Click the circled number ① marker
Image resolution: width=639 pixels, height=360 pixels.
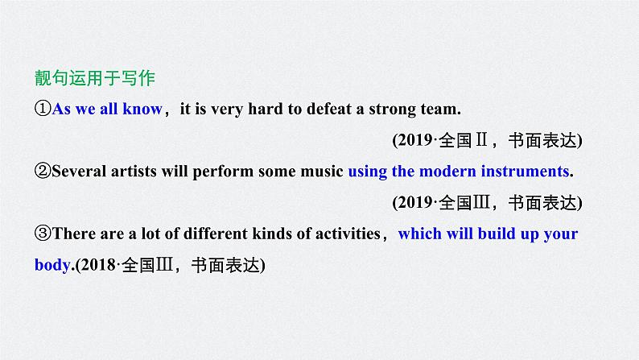43,109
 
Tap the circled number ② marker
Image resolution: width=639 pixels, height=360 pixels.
43,171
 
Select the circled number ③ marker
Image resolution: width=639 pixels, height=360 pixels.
43,234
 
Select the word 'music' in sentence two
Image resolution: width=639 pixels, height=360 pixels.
322,171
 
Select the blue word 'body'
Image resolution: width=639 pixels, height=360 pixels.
53,263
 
